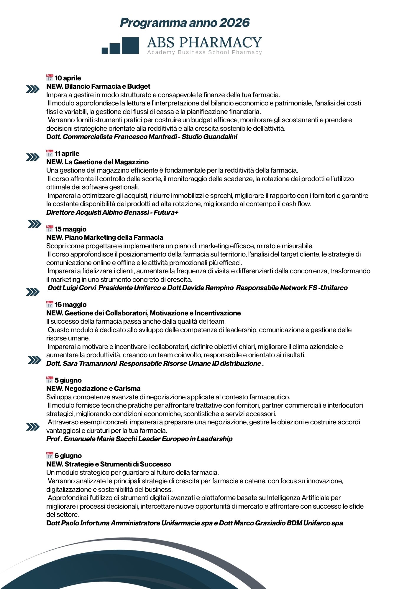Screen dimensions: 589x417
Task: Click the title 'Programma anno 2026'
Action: [x=185, y=23]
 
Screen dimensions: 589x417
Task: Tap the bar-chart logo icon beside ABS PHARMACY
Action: [x=120, y=46]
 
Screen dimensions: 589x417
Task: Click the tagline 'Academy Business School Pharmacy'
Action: [x=205, y=52]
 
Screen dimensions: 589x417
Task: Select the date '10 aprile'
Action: [x=68, y=78]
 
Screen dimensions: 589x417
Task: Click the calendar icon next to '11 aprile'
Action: [x=50, y=153]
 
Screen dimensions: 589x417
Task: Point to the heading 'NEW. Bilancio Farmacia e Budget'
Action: [x=98, y=86]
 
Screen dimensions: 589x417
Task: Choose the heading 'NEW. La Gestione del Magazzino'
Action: [x=97, y=162]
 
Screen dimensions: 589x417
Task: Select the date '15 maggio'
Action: [x=70, y=229]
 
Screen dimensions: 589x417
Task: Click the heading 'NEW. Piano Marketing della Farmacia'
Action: [x=105, y=237]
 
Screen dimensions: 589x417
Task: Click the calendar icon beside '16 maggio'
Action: [x=50, y=305]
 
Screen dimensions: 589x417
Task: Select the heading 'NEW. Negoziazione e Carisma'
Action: [x=93, y=388]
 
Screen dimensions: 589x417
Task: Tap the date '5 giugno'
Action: [x=68, y=380]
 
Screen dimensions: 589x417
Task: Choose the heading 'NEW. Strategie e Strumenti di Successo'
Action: [x=109, y=464]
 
